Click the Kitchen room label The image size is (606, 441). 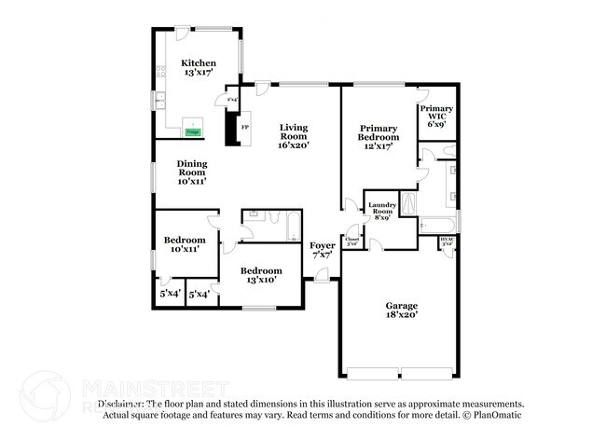click(199, 63)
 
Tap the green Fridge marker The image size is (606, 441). click(193, 132)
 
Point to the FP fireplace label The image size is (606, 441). click(245, 127)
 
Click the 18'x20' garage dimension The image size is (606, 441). click(403, 315)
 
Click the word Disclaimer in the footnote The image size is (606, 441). click(123, 404)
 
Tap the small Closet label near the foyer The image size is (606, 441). click(352, 240)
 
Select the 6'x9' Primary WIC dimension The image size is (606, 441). click(436, 122)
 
